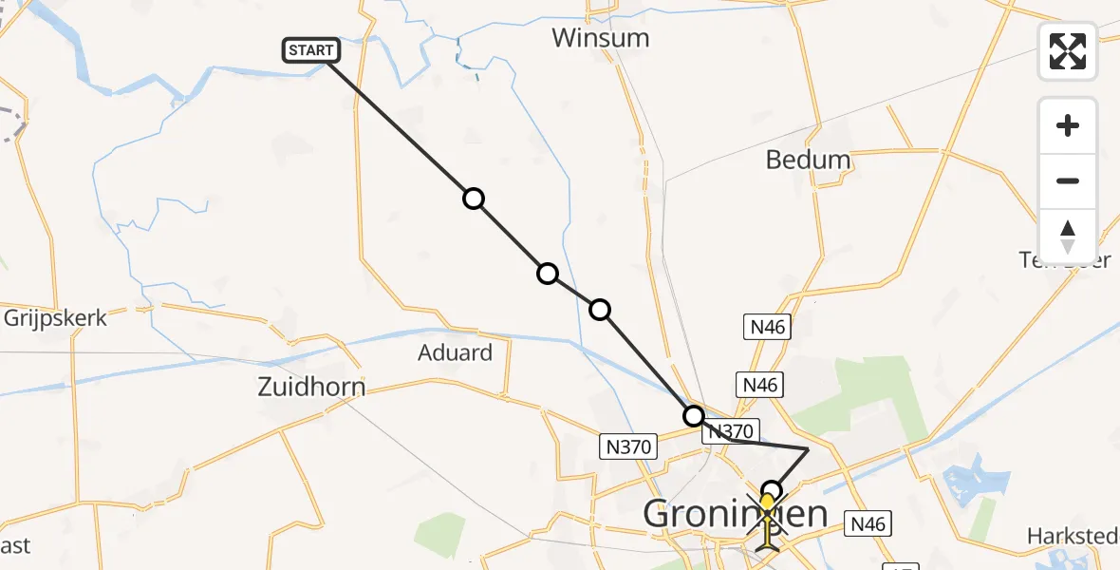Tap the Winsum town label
tap(601, 39)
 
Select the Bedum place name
tap(808, 160)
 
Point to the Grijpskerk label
tap(55, 317)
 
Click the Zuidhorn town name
tap(311, 387)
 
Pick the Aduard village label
tap(456, 353)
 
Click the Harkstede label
tap(1073, 537)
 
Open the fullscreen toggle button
tap(1068, 51)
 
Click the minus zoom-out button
tap(1068, 180)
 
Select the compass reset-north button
tap(1068, 237)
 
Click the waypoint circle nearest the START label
tap(473, 199)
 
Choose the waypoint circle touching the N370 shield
tap(694, 416)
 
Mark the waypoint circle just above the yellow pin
tap(773, 491)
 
